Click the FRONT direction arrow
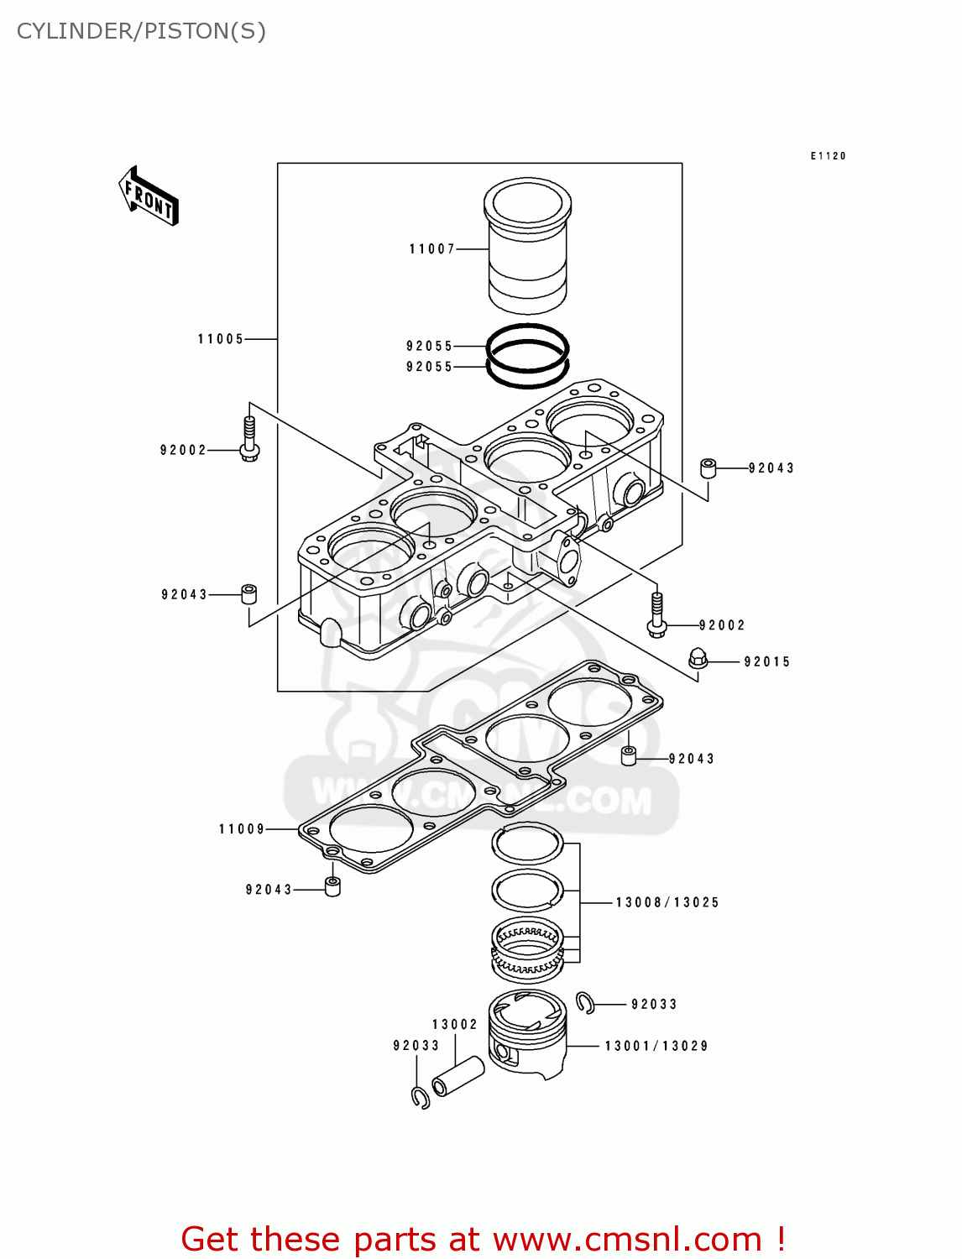pos(149,196)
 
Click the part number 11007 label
pos(431,249)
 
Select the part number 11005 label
pos(221,339)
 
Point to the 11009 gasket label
pos(242,829)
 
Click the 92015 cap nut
pos(698,659)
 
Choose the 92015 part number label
pos(767,662)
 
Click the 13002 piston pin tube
pos(458,1076)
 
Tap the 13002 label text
pos(455,1025)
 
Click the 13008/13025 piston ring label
pos(667,903)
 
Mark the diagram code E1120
pos(828,156)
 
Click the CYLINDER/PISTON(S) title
pos(141,31)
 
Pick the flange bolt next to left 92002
pos(249,440)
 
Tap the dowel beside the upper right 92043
pos(708,468)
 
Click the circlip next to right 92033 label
pos(586,1002)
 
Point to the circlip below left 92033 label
pos(421,1097)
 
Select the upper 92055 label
pos(429,347)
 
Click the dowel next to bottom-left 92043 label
pos(332,886)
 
